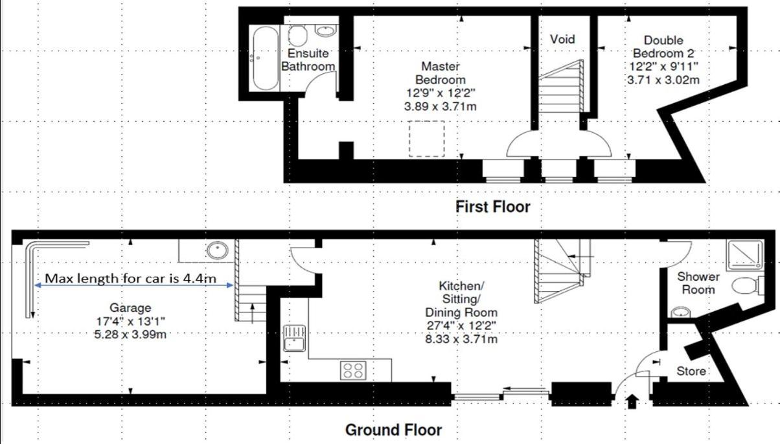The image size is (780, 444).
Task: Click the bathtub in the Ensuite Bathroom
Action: click(266, 58)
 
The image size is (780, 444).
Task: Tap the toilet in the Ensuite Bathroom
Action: click(298, 35)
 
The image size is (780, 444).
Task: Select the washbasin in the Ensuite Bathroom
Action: click(326, 30)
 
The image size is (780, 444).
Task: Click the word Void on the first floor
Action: click(562, 39)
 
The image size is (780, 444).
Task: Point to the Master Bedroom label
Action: click(441, 73)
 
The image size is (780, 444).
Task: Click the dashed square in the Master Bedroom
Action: click(426, 139)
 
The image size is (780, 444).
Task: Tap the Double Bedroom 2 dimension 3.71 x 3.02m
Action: click(663, 80)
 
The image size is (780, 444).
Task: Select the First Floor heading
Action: click(493, 207)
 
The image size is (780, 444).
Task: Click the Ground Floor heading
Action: click(393, 430)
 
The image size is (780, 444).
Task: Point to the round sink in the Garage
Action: click(217, 250)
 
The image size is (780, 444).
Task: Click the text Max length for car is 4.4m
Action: click(131, 278)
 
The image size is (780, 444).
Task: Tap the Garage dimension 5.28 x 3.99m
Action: click(130, 334)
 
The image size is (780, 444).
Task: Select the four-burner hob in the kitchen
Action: click(353, 371)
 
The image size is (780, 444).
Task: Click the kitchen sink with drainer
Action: click(294, 338)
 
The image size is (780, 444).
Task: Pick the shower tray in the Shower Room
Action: click(744, 255)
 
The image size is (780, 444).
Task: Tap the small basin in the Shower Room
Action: click(680, 312)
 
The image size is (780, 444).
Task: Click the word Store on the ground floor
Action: click(691, 371)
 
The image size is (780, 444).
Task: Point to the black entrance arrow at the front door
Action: click(632, 401)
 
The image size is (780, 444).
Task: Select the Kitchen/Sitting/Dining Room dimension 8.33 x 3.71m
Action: click(461, 339)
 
